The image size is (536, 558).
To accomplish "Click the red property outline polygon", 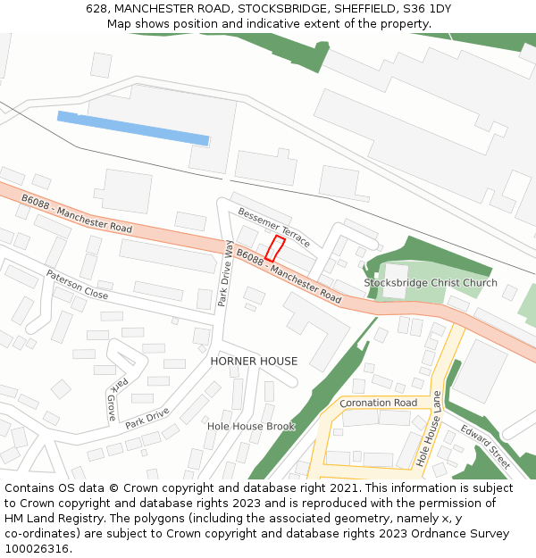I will [275, 248].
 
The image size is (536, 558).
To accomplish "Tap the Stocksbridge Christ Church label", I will [431, 283].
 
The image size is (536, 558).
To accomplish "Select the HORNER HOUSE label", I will [254, 361].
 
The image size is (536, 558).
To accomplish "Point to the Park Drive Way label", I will [227, 273].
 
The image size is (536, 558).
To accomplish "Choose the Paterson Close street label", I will [77, 284].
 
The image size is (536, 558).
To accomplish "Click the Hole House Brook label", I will [251, 426].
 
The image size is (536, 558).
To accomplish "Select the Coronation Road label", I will [378, 403].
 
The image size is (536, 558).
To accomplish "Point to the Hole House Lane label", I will [428, 429].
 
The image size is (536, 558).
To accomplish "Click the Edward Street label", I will [485, 446].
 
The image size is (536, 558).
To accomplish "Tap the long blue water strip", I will [133, 129].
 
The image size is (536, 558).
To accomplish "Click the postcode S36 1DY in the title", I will [427, 9].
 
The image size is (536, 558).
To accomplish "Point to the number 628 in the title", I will [96, 9].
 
